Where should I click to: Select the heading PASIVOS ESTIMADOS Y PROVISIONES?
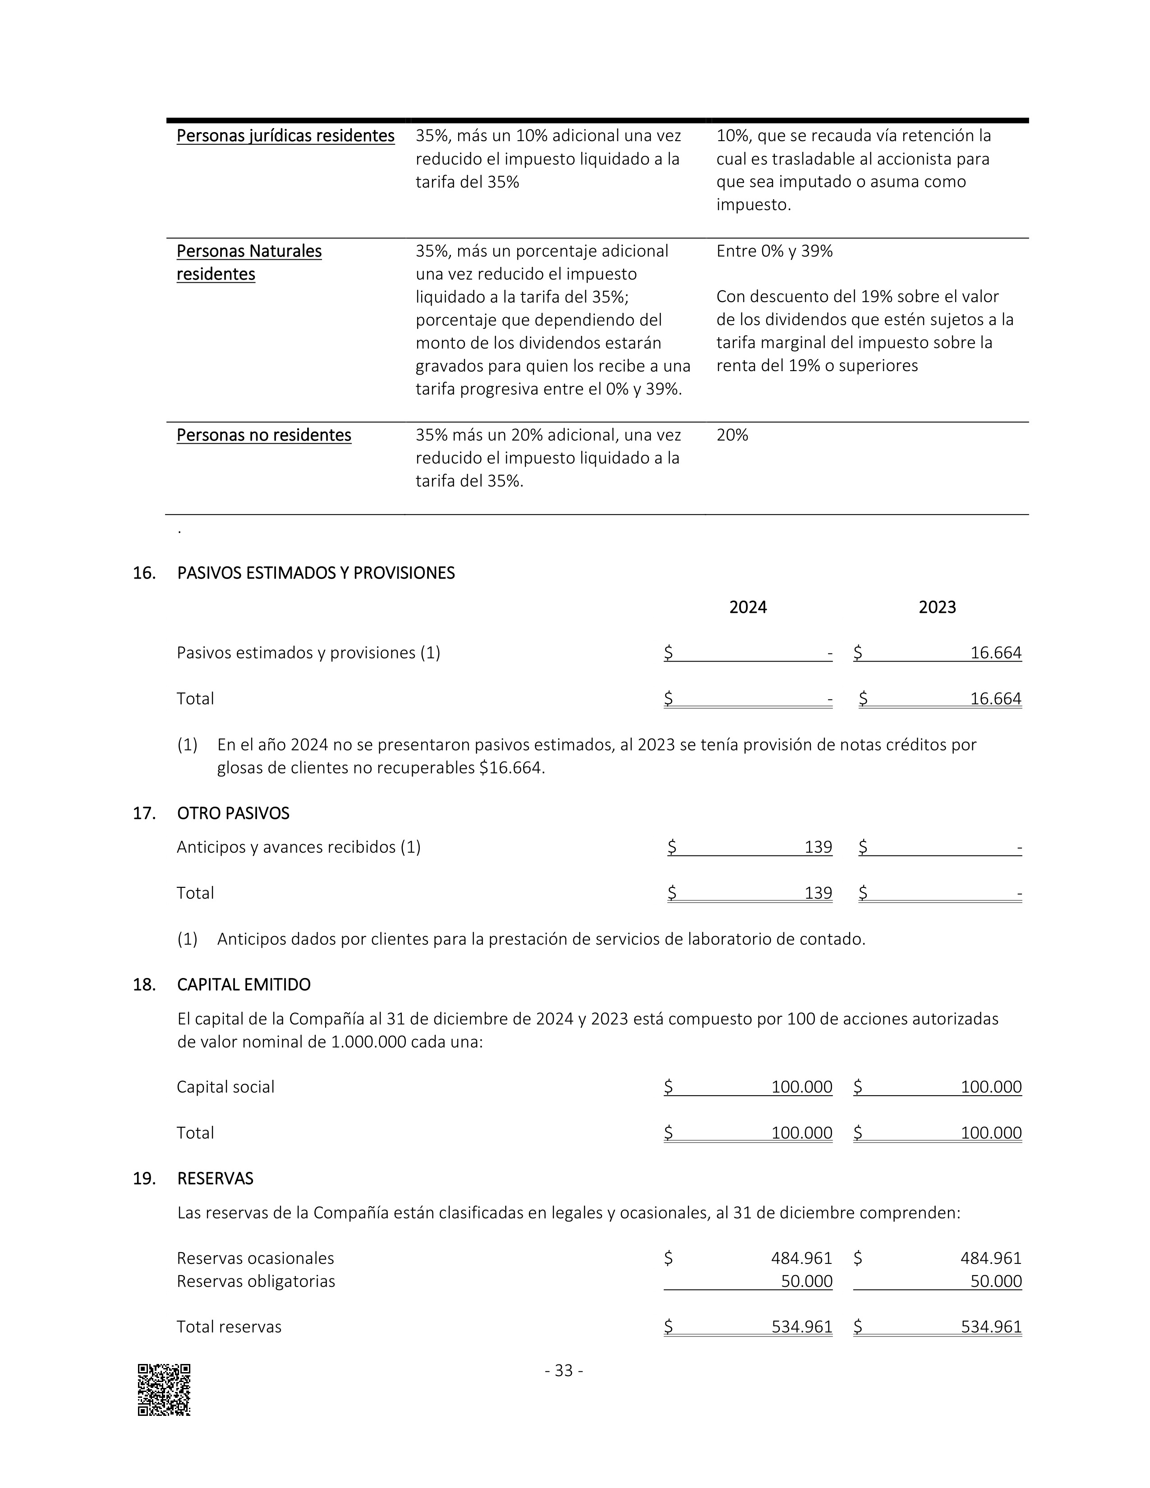(315, 573)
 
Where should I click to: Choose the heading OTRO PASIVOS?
(233, 813)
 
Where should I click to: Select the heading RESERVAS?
(215, 1178)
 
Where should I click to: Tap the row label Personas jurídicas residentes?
(285, 136)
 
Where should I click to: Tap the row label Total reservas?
(229, 1327)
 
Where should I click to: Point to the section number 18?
(144, 984)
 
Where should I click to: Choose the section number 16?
(144, 573)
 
